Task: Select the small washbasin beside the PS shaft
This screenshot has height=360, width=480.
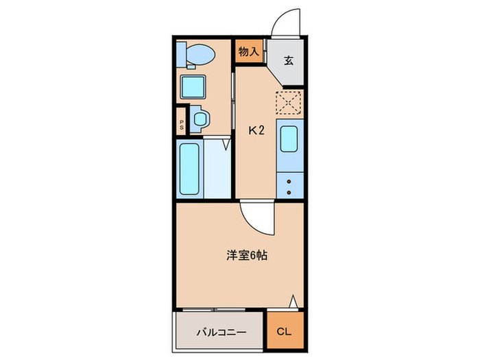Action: click(x=200, y=119)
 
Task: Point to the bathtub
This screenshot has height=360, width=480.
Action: click(x=189, y=169)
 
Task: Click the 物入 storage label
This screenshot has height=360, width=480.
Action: click(x=249, y=51)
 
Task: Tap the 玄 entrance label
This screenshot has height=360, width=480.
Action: click(x=289, y=60)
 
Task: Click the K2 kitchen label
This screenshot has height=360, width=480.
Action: click(x=256, y=130)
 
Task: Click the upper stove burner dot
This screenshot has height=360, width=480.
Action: click(x=288, y=182)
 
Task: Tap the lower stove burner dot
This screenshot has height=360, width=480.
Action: click(x=288, y=191)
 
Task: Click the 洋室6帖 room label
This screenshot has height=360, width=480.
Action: click(x=247, y=256)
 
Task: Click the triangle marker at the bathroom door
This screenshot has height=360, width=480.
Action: click(x=226, y=145)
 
